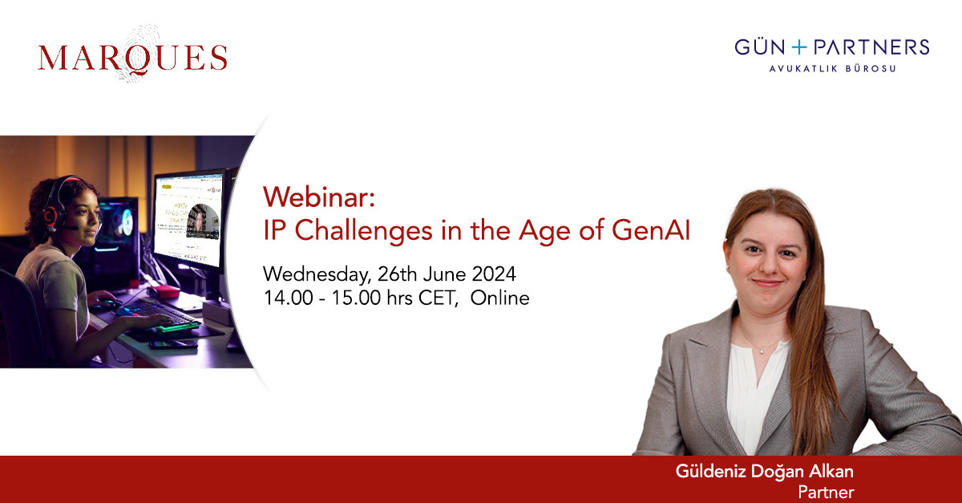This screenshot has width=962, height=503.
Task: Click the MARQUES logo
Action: tap(132, 58)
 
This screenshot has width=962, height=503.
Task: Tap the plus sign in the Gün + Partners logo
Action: tap(806, 47)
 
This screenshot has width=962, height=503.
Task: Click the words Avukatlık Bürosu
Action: tap(832, 69)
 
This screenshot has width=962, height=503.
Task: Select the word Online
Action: tap(500, 298)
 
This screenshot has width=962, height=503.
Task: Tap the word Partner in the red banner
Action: tap(826, 492)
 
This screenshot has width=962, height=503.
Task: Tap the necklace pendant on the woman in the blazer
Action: tap(756, 350)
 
